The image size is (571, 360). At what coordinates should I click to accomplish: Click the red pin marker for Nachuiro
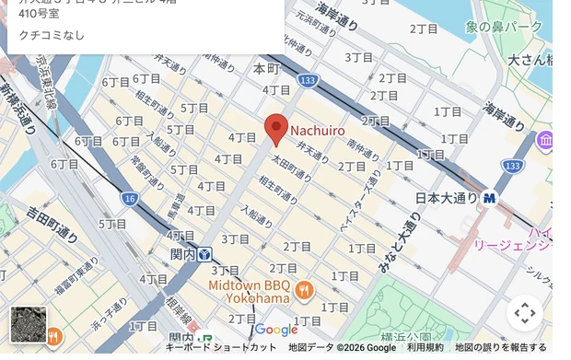(276, 129)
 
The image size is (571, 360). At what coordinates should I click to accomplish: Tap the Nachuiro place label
(318, 132)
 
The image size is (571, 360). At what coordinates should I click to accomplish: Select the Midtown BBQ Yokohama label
(248, 292)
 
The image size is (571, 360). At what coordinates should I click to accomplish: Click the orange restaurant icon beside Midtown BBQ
(305, 292)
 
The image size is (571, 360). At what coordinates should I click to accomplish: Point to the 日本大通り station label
(447, 198)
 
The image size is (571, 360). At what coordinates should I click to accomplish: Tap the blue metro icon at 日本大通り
(489, 197)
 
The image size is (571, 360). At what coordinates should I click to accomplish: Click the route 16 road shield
(129, 199)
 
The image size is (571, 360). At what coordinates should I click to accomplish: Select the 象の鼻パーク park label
(504, 28)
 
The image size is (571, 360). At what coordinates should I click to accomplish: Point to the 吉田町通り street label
(53, 225)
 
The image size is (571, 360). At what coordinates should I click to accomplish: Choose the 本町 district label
(265, 69)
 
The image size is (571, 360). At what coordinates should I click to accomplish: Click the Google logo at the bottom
(276, 330)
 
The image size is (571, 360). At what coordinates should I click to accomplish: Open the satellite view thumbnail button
(28, 325)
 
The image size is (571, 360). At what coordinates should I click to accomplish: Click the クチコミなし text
(45, 34)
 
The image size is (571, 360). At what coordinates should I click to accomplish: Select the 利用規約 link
(425, 348)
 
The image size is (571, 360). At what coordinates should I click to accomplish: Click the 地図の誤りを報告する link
(501, 348)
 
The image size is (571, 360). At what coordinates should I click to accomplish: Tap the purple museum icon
(544, 142)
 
